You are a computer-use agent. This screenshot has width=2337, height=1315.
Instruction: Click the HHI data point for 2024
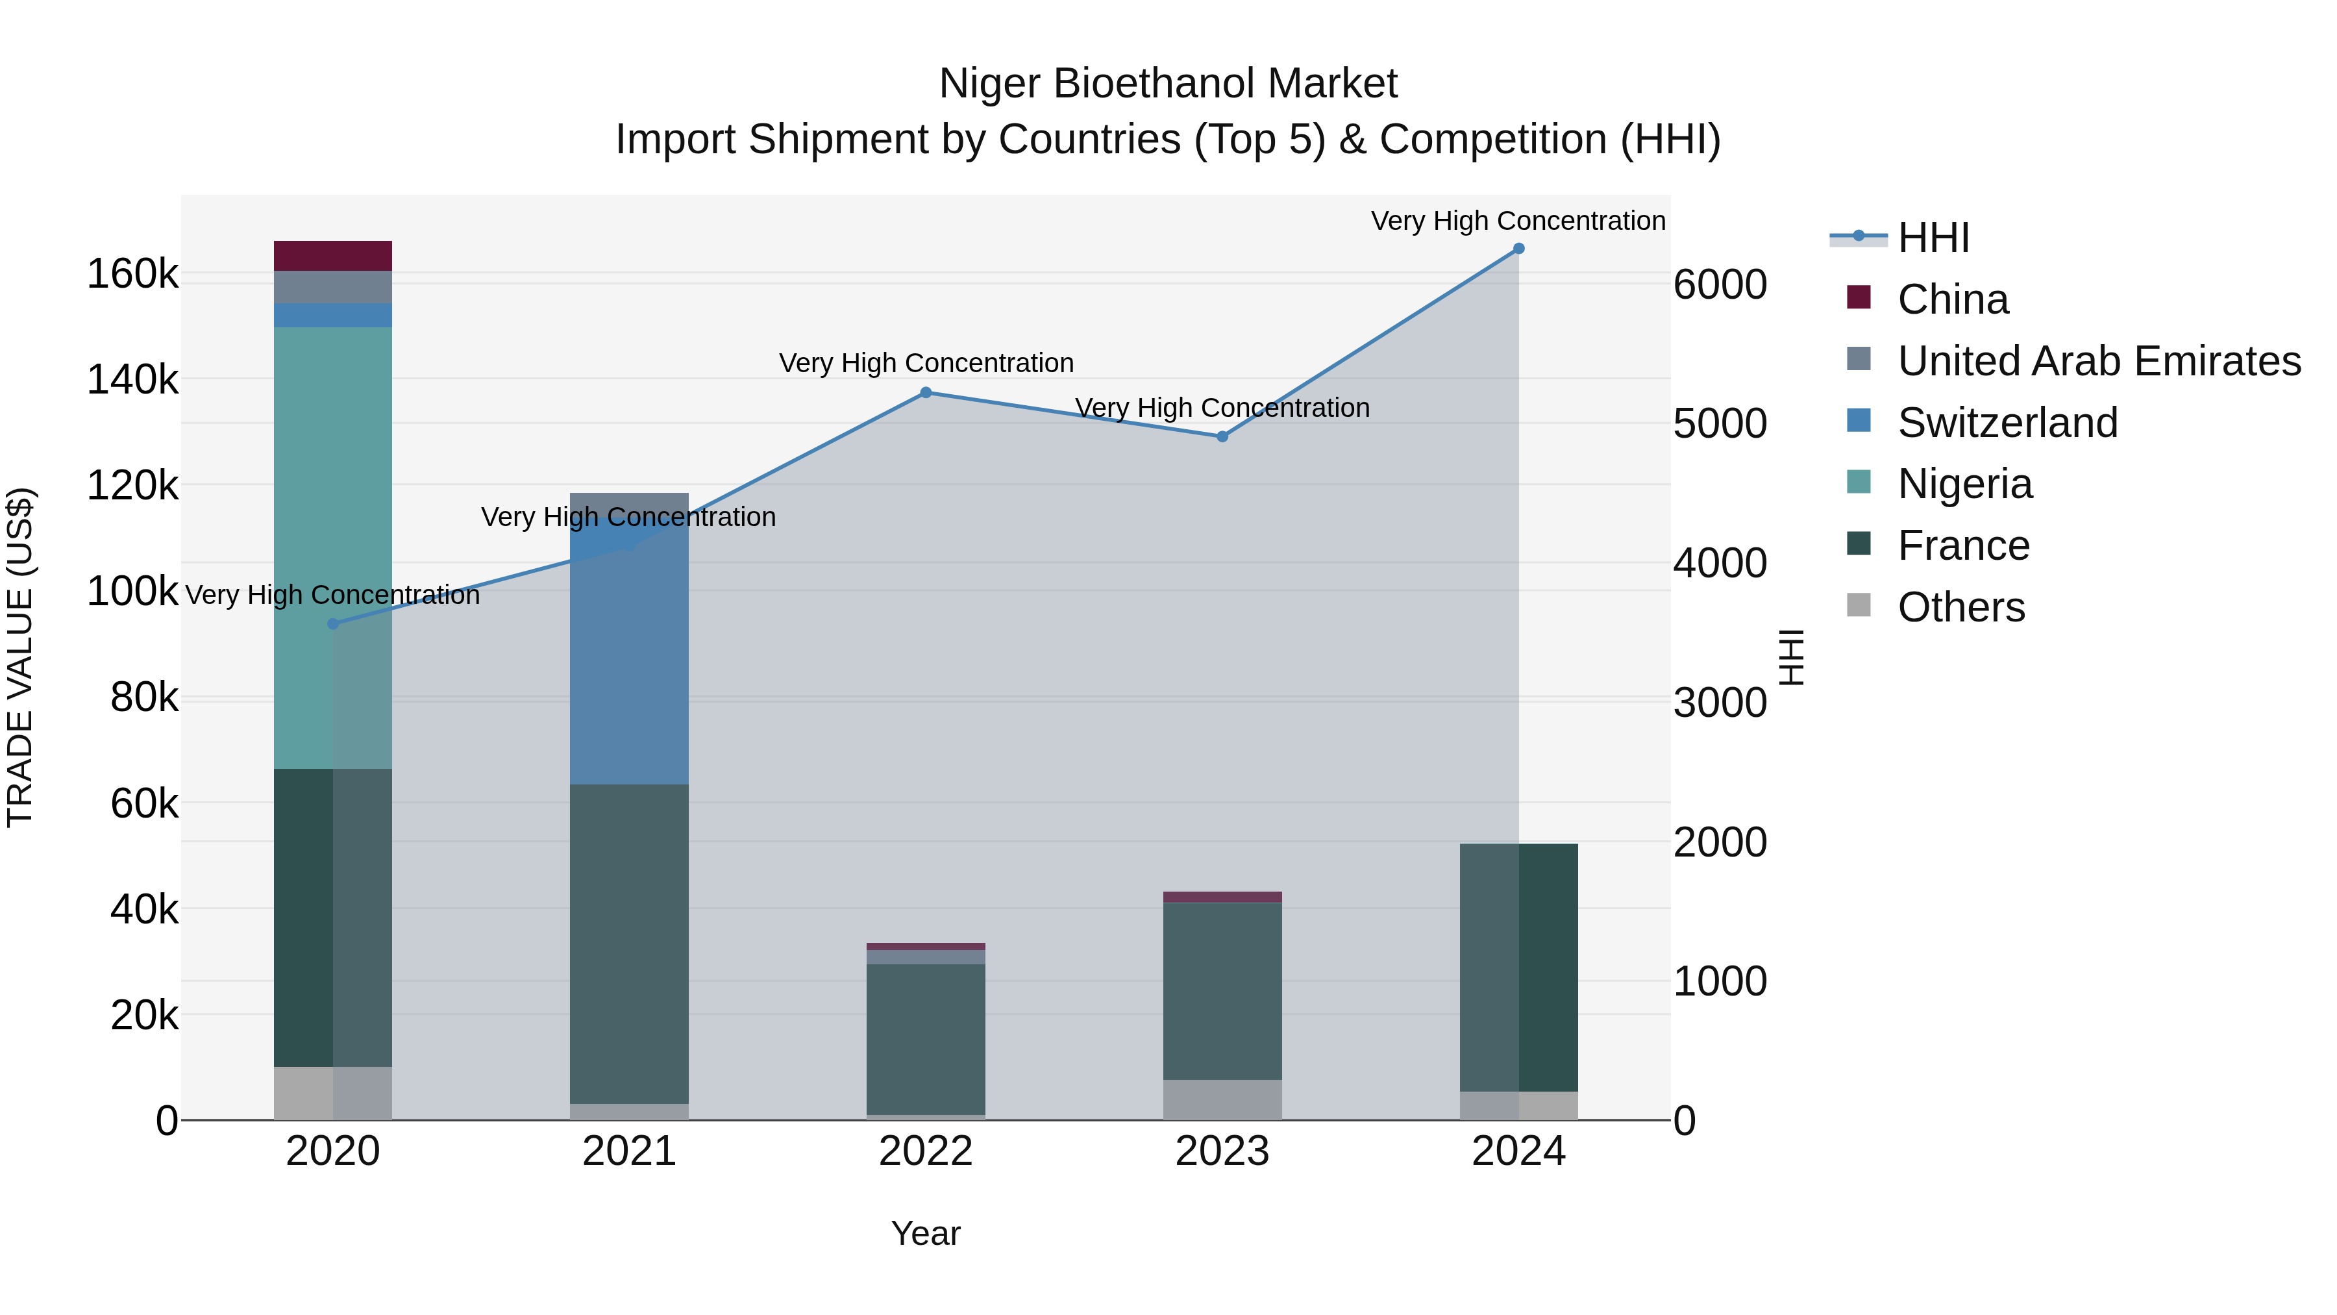pos(1518,249)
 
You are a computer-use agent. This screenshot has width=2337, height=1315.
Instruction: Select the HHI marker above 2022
pos(925,393)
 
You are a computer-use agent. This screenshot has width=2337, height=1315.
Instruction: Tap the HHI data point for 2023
pos(1222,436)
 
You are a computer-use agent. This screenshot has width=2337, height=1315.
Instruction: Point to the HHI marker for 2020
pos(333,624)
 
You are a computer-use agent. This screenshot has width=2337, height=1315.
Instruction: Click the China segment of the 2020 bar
pos(333,256)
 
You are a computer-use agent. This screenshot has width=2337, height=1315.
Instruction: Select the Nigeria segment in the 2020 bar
pos(333,545)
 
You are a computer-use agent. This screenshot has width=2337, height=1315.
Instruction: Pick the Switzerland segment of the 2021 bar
pos(628,662)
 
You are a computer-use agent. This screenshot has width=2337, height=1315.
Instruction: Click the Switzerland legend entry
pos(2007,423)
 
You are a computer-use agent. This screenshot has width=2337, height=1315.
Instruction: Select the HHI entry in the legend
pos(1933,238)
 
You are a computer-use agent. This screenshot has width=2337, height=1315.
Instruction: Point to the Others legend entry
pos(1960,607)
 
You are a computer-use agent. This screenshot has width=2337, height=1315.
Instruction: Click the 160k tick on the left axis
pos(132,274)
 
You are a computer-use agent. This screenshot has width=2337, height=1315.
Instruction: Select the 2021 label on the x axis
pos(628,1151)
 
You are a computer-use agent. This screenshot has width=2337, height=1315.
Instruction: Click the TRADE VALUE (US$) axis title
pos(20,657)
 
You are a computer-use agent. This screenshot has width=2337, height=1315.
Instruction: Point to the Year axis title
pos(925,1233)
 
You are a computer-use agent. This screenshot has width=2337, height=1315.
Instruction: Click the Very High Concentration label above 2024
pos(1518,221)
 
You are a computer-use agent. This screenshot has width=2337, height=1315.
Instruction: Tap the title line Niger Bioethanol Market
pos(1168,84)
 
